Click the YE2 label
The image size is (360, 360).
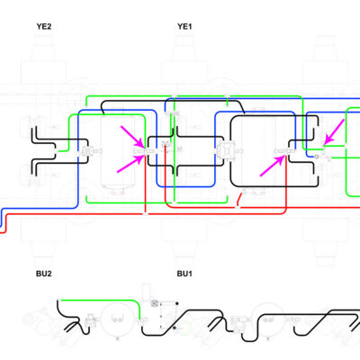[44, 26]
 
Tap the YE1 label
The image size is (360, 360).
[184, 26]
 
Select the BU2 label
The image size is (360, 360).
[44, 274]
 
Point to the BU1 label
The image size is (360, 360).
[184, 274]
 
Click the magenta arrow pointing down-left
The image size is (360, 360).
[335, 131]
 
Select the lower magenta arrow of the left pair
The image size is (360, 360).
[131, 164]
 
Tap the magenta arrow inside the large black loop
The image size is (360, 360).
[273, 166]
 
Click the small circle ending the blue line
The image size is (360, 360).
[316, 157]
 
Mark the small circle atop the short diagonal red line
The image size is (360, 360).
[244, 192]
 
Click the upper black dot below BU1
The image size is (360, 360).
[177, 303]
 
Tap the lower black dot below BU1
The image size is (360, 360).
[175, 328]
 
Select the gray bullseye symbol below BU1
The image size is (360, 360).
[155, 303]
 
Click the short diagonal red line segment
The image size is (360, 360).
[240, 199]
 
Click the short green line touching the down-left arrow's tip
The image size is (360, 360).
[335, 146]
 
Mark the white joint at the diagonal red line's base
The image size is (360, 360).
[238, 207]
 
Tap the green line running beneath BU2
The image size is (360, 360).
[99, 300]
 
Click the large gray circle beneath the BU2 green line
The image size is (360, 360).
[116, 319]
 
